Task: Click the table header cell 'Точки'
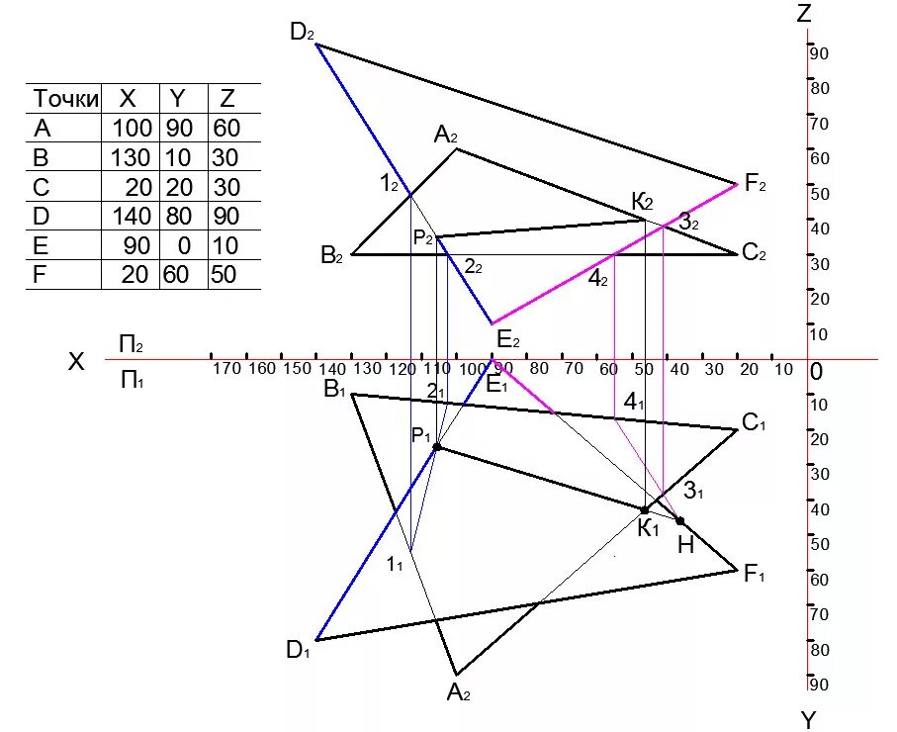coord(65,99)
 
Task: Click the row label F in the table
coord(41,275)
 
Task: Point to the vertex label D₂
coord(302,32)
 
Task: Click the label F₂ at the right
coord(756,183)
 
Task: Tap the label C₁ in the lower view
coord(755,424)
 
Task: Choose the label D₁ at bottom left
coord(298,650)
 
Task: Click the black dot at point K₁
coord(645,510)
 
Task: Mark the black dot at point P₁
coord(436,447)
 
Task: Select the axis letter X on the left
coord(76,362)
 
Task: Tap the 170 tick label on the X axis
coord(226,369)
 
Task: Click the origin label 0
coord(816,372)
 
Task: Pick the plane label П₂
coord(132,344)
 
